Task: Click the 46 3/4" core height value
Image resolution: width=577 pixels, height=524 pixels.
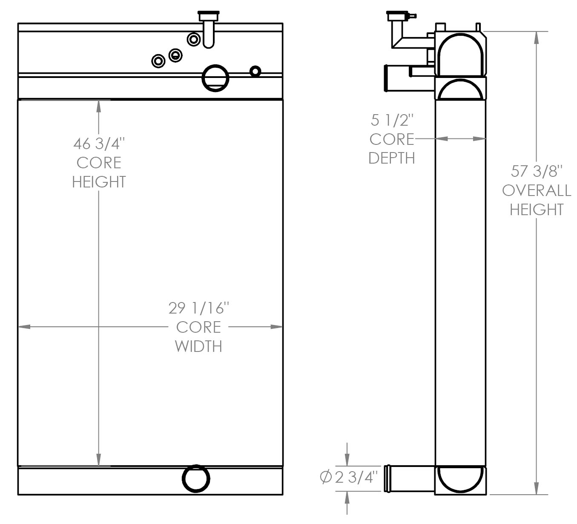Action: pos(99,144)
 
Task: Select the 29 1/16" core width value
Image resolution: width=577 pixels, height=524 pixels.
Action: pos(198,308)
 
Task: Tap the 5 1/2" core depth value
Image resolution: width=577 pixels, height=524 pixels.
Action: pos(392,121)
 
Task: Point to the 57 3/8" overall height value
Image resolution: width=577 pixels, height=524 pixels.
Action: pos(537,171)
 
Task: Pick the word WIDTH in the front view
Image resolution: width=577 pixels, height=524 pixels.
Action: pos(198,346)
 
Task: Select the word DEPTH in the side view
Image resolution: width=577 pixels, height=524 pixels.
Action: pos(392,158)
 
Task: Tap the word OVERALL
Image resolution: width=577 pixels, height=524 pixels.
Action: pos(537,190)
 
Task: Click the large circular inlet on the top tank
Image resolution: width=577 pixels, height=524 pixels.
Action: pos(215,78)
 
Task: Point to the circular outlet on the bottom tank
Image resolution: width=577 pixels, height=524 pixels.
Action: pos(196,478)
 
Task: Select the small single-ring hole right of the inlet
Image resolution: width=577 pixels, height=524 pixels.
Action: pos(255,71)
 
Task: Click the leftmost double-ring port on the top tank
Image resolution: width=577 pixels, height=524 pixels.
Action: pos(158,61)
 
